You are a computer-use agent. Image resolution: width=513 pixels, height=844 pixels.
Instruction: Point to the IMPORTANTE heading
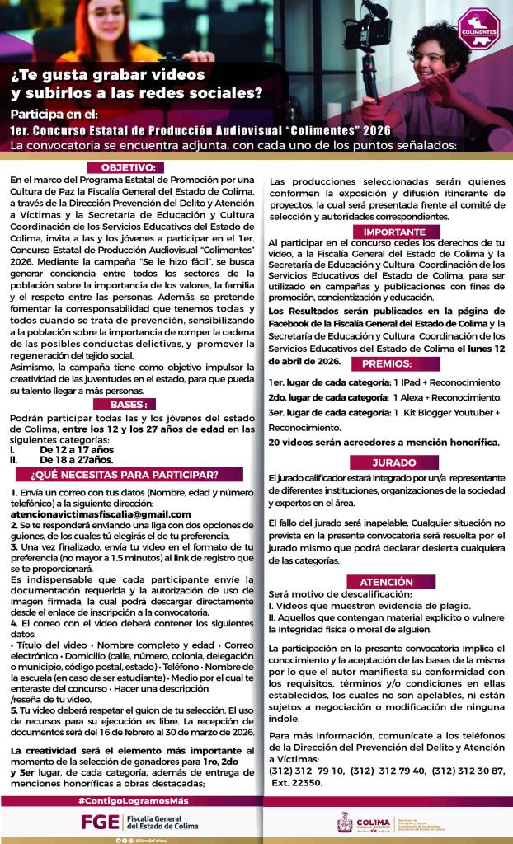click(388, 232)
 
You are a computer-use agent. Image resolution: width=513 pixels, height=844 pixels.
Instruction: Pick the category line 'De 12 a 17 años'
click(77, 450)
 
